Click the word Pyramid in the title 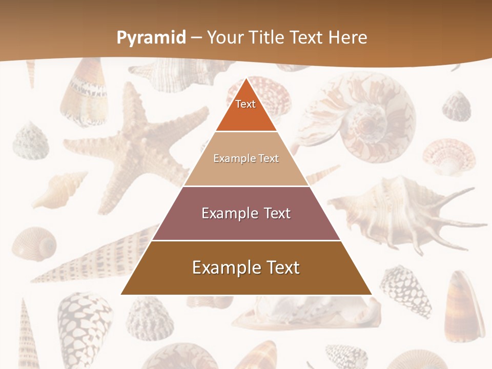click(151, 38)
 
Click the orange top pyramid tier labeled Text click(246, 110)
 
